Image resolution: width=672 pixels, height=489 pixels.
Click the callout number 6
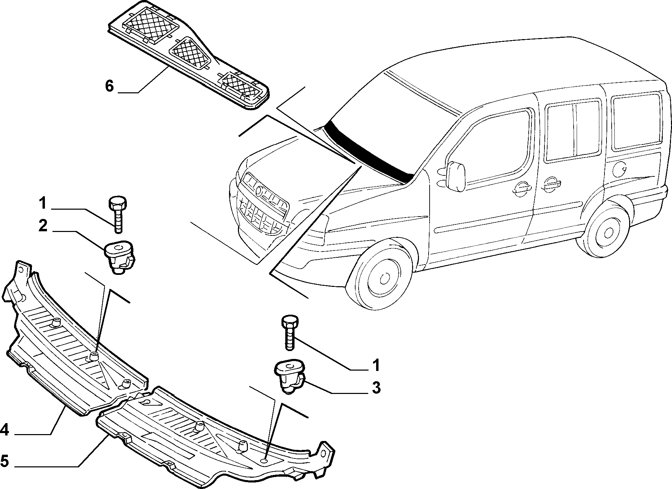[109, 86]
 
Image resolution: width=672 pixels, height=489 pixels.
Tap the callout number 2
[43, 226]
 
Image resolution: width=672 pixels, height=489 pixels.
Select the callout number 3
[376, 388]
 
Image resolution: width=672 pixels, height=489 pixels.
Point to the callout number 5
[4, 461]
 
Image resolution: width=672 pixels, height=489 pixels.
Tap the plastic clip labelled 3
[289, 376]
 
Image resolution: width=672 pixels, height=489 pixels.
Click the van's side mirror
[456, 176]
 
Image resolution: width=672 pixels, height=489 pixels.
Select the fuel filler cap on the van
[620, 169]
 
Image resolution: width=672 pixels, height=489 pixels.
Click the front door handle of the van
[521, 187]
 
